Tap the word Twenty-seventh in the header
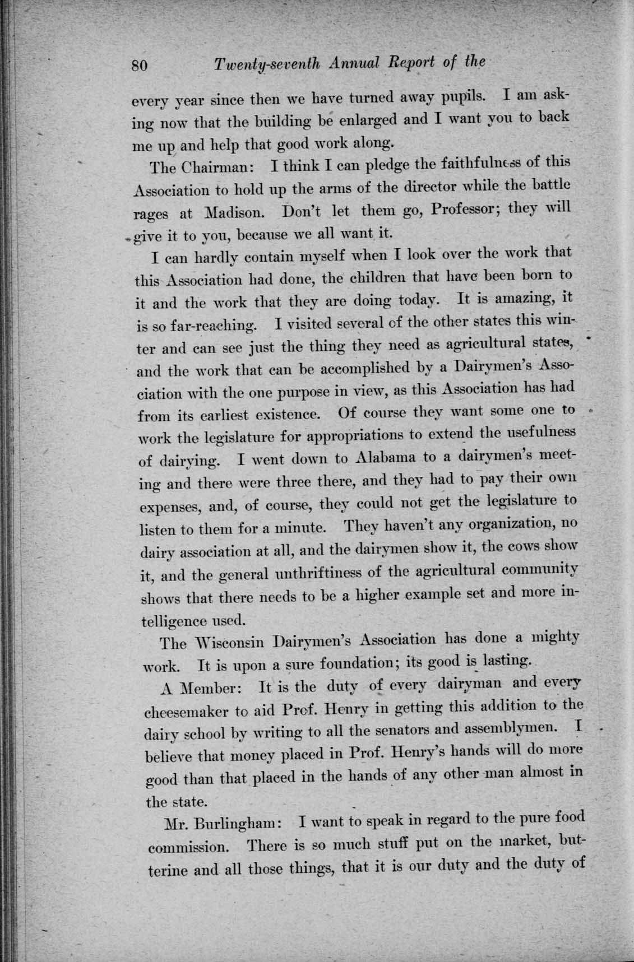point(267,65)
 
